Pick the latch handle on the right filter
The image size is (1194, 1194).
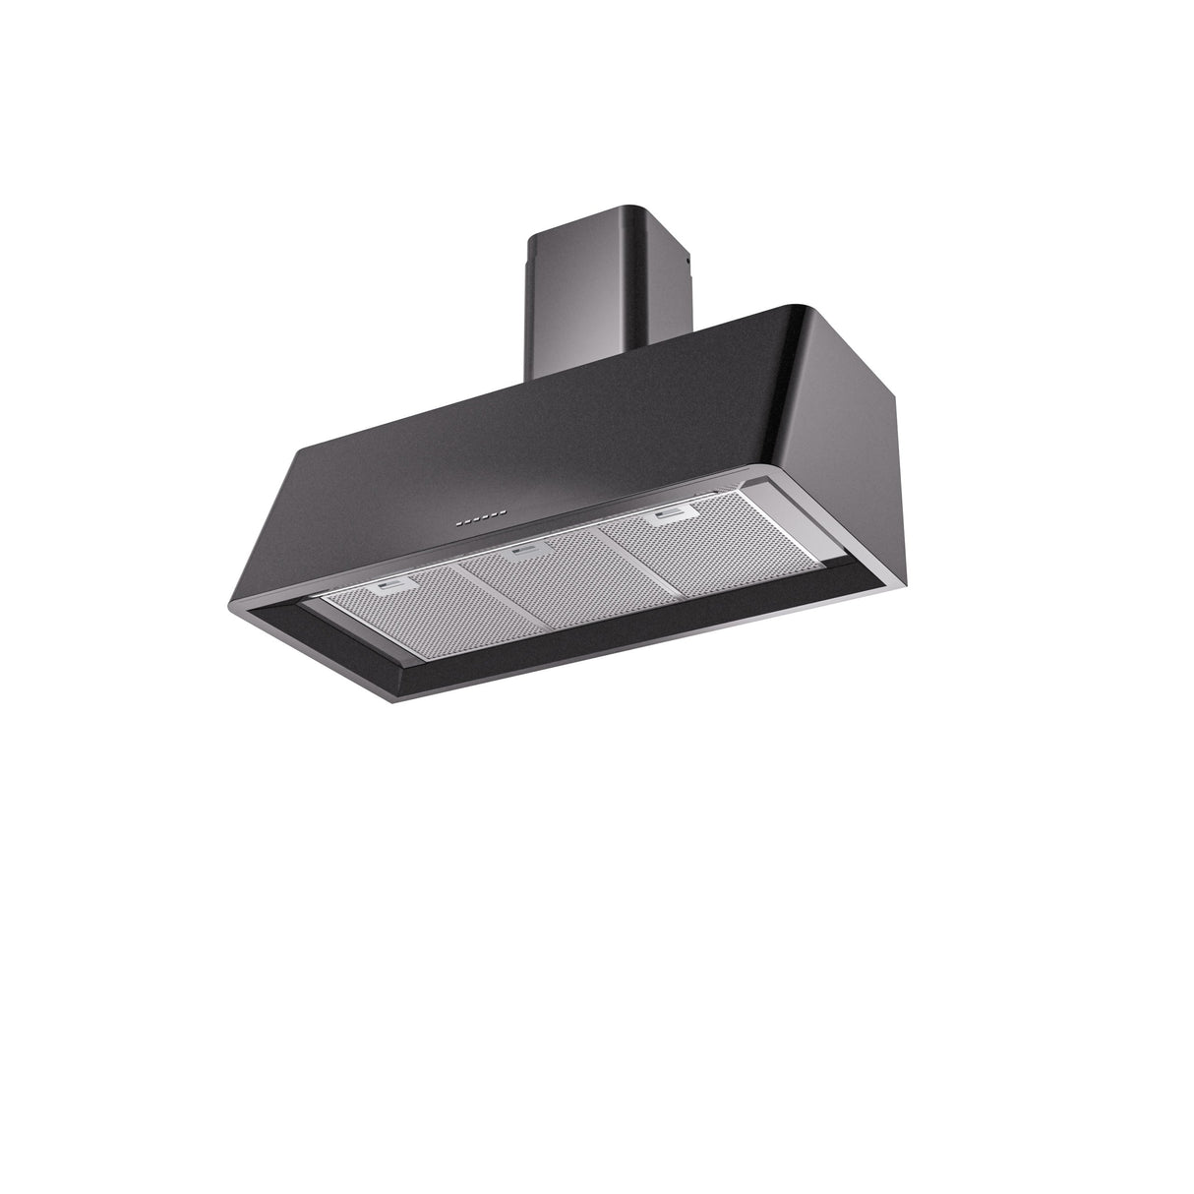coord(670,515)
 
